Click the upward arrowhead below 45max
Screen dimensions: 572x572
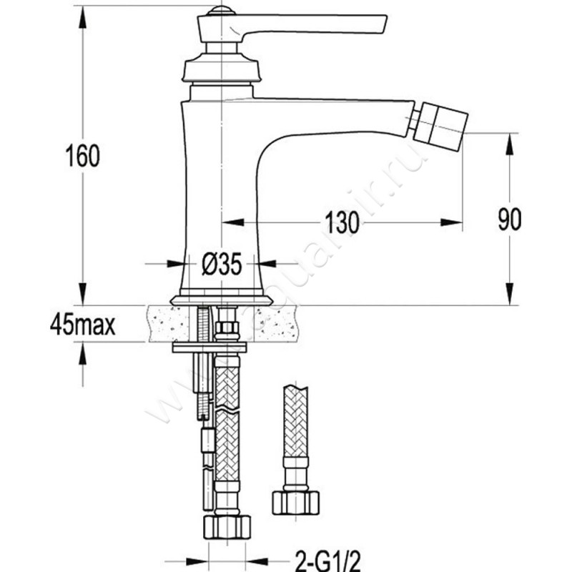[x=84, y=352]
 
